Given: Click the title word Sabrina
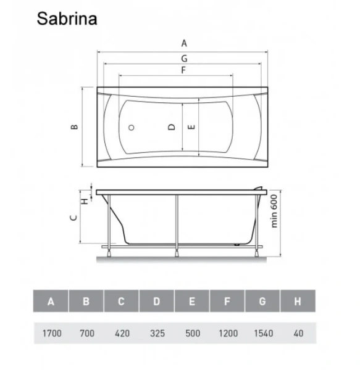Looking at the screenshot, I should point(67,18).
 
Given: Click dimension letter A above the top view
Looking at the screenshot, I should point(183,43).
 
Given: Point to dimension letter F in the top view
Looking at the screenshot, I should point(183,70).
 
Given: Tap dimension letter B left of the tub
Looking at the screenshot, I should point(74,127).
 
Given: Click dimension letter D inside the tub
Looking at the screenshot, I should point(172,127).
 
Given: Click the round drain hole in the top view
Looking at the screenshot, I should point(131,128).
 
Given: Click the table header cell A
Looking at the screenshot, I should point(51,302).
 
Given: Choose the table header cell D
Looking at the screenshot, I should point(156,302).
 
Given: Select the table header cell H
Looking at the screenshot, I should point(298,302).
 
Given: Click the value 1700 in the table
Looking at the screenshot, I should point(51,334).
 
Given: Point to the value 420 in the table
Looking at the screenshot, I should point(121,334).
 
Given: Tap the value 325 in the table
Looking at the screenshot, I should point(156,334).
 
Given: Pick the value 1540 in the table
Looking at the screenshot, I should point(262,334).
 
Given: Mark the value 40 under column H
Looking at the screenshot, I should point(298,334).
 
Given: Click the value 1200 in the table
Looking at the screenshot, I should point(227,334).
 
